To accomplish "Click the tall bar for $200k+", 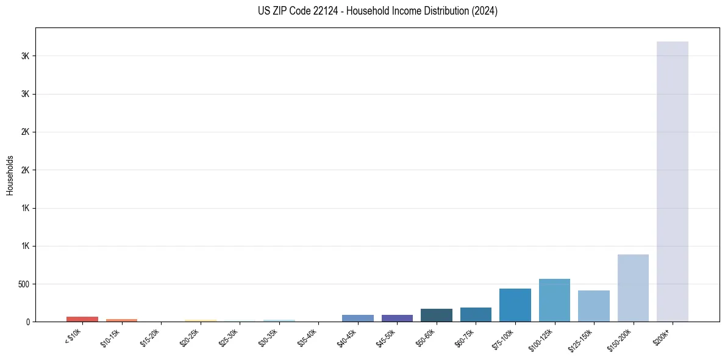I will pos(672,183).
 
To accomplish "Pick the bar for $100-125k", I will pos(554,300).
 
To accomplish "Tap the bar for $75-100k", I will pos(515,305).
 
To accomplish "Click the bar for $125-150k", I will pos(594,306).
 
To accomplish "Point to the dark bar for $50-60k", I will pos(437,315).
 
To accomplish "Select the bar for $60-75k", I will pos(476,314).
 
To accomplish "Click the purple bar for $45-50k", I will pos(397,318).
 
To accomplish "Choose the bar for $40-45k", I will pos(358,318).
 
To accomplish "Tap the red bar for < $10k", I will pos(82,319).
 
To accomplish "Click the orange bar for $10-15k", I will pos(121,320).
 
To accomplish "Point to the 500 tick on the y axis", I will pos(24,284).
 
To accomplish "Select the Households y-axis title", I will pos(10,175).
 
